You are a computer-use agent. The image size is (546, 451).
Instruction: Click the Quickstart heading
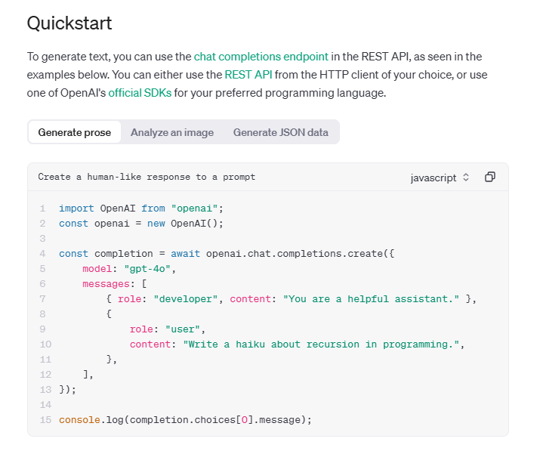pyautogui.click(x=69, y=23)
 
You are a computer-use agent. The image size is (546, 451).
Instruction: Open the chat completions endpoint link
pyautogui.click(x=261, y=57)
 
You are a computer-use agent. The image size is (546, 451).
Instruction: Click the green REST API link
pyautogui.click(x=248, y=75)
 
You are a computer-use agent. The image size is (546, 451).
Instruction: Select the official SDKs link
pyautogui.click(x=140, y=93)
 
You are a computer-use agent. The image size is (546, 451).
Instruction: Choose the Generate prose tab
pyautogui.click(x=74, y=132)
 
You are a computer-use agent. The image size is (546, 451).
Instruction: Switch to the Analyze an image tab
pyautogui.click(x=172, y=132)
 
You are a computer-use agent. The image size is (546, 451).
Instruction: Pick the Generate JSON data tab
pyautogui.click(x=280, y=132)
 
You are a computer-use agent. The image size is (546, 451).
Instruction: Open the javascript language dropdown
pyautogui.click(x=440, y=178)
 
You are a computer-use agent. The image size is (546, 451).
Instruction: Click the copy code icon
pyautogui.click(x=490, y=177)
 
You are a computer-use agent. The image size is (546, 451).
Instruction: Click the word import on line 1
pyautogui.click(x=76, y=208)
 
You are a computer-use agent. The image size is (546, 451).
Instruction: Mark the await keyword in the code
pyautogui.click(x=186, y=254)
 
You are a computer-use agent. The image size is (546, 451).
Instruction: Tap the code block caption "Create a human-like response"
pyautogui.click(x=147, y=177)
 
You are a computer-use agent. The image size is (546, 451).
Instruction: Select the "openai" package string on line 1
pyautogui.click(x=195, y=208)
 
